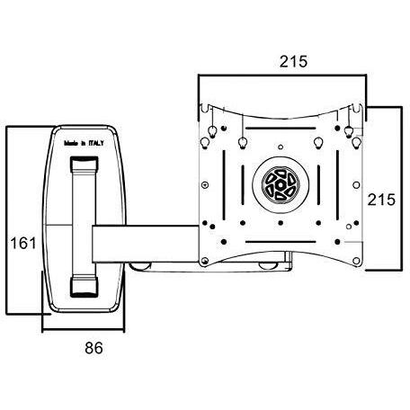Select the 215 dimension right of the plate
[x=384, y=199]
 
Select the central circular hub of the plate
[x=281, y=185]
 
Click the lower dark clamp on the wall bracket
[x=84, y=287]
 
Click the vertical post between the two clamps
[x=84, y=225]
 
